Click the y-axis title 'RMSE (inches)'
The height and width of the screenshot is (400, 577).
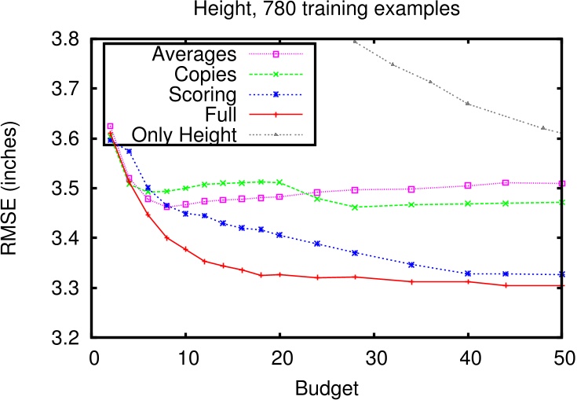(15, 188)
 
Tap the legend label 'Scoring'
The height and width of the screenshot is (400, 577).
(203, 94)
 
